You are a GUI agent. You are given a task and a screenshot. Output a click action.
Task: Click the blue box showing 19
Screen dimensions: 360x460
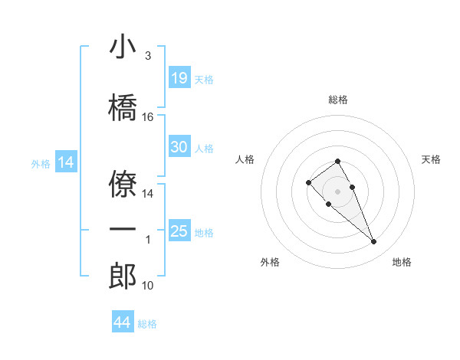(x=179, y=78)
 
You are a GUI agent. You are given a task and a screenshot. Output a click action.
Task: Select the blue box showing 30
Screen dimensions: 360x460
(x=179, y=147)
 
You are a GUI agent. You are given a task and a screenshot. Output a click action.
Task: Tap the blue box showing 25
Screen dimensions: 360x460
(x=179, y=231)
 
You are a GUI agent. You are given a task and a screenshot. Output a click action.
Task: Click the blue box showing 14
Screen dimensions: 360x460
(x=65, y=162)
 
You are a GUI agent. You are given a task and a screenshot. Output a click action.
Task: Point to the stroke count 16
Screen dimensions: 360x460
(x=148, y=117)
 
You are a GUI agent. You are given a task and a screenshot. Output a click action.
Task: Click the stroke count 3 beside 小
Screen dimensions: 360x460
(x=148, y=56)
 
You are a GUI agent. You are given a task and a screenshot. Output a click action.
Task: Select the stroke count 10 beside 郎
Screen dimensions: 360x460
(x=148, y=286)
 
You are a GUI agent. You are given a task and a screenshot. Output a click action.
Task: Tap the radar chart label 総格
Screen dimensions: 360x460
(x=338, y=100)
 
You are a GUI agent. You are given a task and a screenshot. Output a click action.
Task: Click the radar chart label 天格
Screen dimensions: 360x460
(x=432, y=159)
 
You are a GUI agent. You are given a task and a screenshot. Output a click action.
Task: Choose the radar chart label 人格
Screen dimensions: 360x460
(x=245, y=159)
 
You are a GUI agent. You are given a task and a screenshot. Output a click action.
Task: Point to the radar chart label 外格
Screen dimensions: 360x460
(x=270, y=263)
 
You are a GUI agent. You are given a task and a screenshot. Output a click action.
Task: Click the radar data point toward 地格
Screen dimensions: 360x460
(x=373, y=242)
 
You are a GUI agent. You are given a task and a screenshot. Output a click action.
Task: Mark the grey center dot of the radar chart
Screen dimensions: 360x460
(x=338, y=191)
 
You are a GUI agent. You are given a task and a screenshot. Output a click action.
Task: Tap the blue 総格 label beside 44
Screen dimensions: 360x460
(x=148, y=324)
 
